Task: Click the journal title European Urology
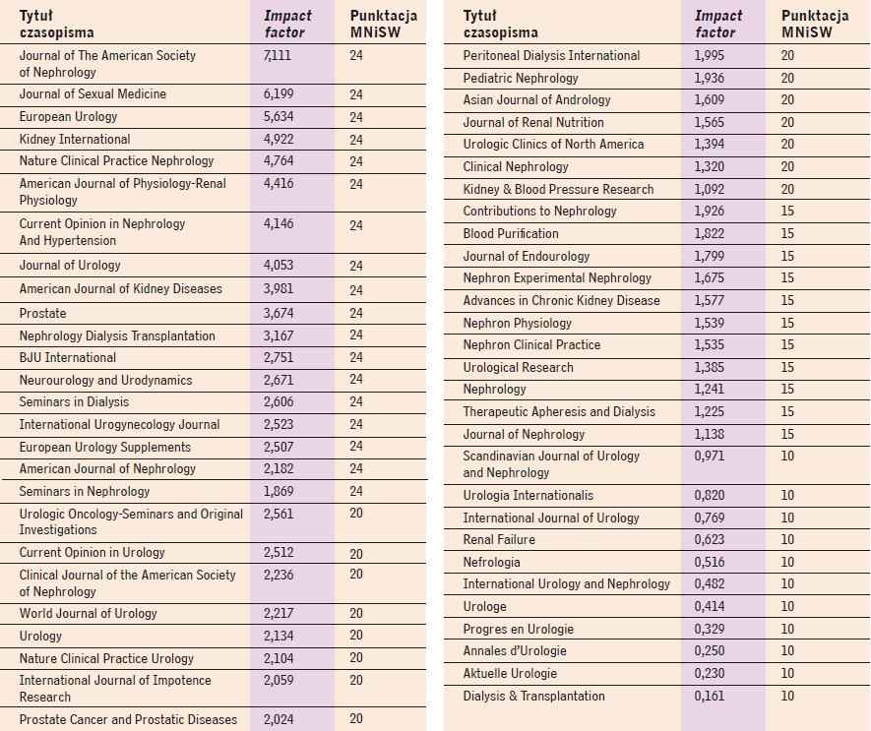pos(68,117)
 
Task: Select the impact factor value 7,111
pos(278,55)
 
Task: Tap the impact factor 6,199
pos(279,93)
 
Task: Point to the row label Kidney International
pos(75,139)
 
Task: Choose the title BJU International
pos(68,358)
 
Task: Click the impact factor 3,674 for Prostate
pos(279,313)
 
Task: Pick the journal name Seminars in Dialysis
pos(74,401)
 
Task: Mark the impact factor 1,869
pos(279,491)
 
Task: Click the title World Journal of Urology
pos(89,613)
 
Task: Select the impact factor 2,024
pos(279,719)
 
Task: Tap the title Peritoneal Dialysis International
pos(551,55)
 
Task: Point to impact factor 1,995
pos(710,55)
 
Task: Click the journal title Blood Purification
pos(511,233)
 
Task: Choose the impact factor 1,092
pos(710,189)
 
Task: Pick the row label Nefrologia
pos(492,562)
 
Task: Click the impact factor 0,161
pos(710,696)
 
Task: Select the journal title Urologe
pos(485,607)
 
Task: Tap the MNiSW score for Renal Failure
pos(787,539)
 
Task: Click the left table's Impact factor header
pos(287,24)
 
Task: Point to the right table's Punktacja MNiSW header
pos(815,24)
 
